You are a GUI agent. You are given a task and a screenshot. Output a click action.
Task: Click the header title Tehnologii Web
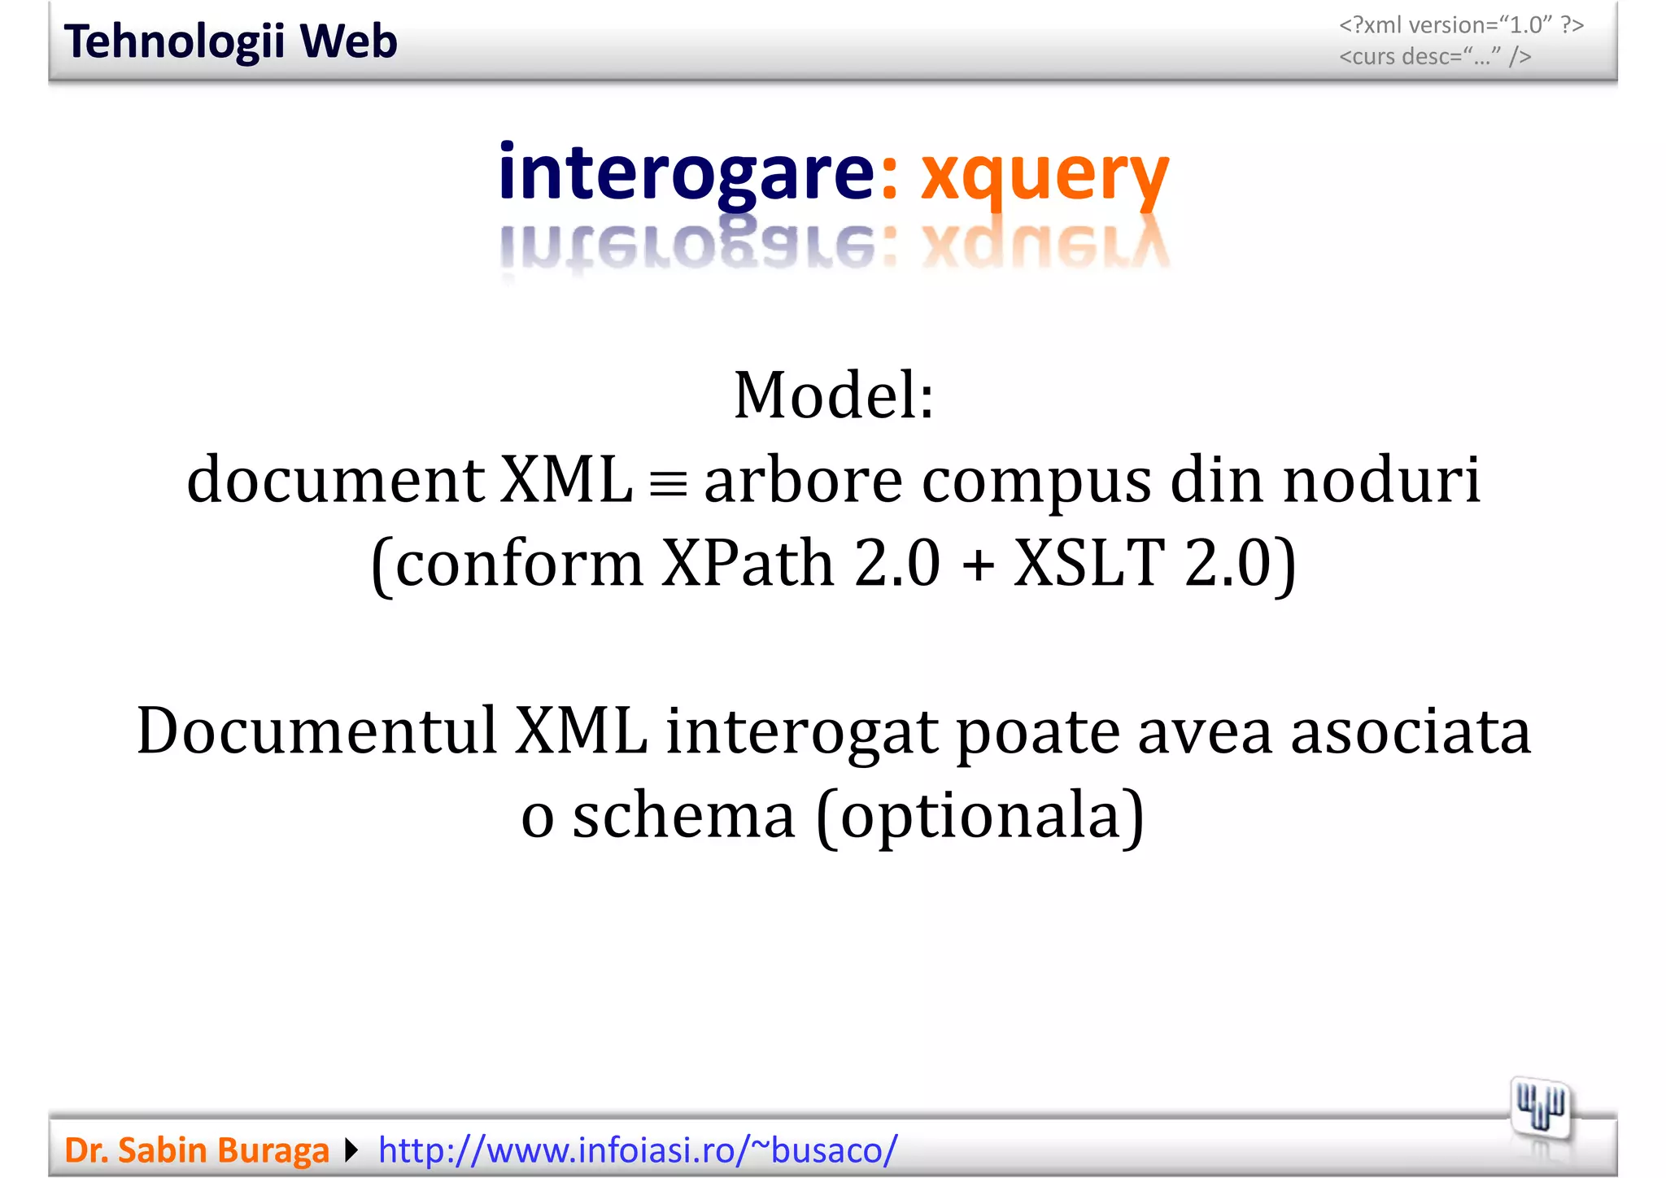[x=230, y=41]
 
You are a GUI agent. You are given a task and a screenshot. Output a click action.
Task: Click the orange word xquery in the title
[x=1045, y=174]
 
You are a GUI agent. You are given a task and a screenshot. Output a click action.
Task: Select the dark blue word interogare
[x=687, y=172]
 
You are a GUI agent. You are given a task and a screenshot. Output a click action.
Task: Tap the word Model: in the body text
[x=834, y=396]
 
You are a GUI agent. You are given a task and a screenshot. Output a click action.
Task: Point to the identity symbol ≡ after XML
[x=668, y=486]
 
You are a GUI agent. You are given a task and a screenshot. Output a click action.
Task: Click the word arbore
[x=803, y=481]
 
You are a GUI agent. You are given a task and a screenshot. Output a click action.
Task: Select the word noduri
[x=1381, y=481]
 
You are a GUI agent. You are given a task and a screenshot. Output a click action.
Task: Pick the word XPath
[x=748, y=564]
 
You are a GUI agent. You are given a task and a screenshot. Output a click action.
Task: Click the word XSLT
[x=1088, y=564]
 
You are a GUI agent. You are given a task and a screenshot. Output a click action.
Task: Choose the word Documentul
[x=316, y=731]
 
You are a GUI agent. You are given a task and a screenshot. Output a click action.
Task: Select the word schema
[x=683, y=816]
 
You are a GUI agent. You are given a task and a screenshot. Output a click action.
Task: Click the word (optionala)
[x=980, y=818]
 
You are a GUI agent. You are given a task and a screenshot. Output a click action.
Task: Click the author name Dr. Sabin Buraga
[x=197, y=1150]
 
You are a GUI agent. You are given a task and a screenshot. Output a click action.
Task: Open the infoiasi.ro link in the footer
[x=638, y=1150]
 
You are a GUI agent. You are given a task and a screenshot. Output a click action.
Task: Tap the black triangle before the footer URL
[x=351, y=1150]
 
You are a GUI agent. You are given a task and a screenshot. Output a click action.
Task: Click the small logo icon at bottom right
[x=1540, y=1108]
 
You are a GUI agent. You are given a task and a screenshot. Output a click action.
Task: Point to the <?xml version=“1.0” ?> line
[x=1461, y=25]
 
